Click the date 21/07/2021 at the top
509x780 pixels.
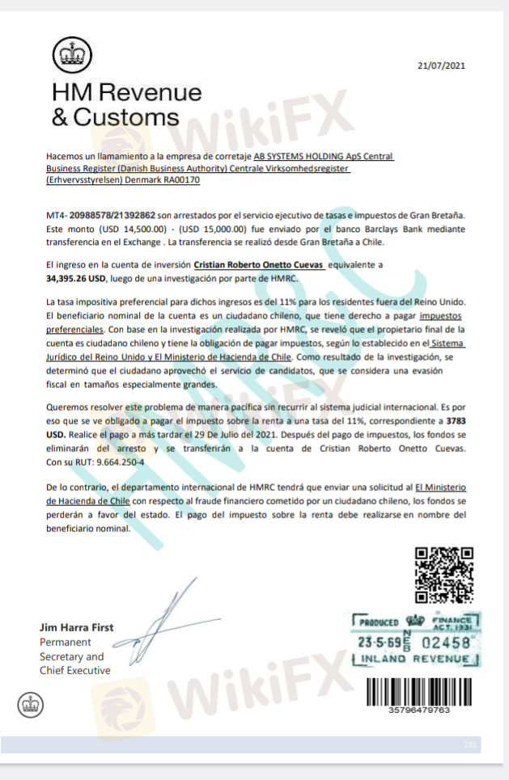click(x=440, y=65)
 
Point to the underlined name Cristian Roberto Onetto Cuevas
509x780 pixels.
click(x=259, y=265)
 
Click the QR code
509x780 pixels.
click(x=444, y=575)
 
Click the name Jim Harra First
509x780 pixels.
click(x=77, y=628)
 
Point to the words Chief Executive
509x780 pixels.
click(x=75, y=671)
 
